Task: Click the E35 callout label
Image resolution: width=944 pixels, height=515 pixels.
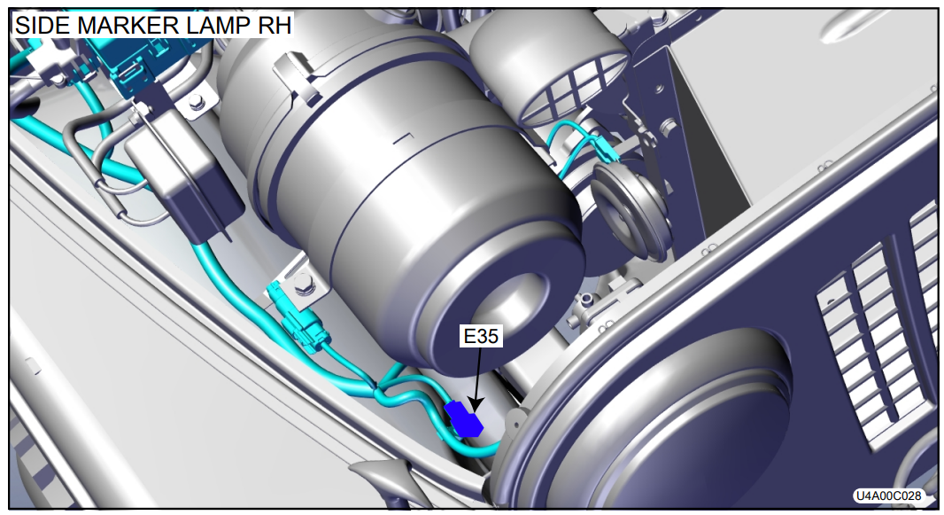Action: pos(481,335)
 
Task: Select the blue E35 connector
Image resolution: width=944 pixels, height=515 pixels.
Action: pos(463,418)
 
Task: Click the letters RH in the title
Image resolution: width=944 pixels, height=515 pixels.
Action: pos(275,26)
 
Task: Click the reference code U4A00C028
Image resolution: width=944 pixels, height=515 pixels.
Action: pos(888,495)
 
